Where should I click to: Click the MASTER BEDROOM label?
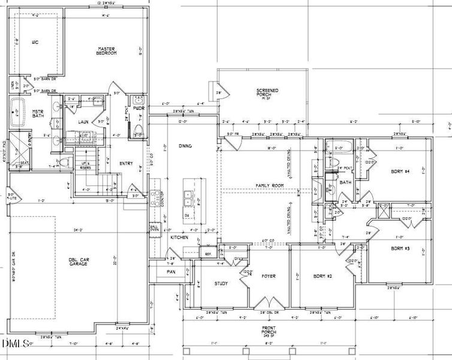[106, 50]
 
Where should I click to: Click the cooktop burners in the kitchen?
[156, 197]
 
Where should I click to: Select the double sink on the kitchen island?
[189, 195]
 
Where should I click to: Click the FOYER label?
[267, 277]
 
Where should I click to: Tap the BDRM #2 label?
[323, 277]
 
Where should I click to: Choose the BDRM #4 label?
[399, 171]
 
